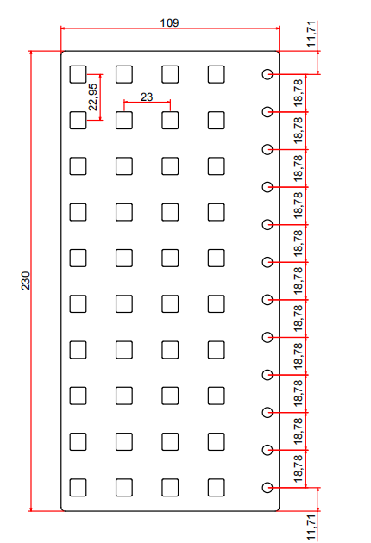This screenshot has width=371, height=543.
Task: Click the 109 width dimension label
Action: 169,23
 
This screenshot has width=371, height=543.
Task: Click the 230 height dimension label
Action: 26,281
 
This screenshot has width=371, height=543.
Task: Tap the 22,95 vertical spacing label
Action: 93,97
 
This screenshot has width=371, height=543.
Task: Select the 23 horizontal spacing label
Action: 147,97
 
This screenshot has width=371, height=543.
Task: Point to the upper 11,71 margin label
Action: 311,34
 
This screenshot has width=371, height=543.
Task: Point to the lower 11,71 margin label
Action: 311,527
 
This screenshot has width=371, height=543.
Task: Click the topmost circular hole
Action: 267,74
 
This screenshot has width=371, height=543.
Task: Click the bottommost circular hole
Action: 267,488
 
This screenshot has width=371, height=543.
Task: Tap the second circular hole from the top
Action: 267,112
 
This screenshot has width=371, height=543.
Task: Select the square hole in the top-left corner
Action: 78,74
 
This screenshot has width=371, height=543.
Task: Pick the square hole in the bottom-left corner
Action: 78,488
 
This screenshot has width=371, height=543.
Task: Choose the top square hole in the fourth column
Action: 217,74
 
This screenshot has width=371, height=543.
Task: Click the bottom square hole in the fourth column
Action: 217,488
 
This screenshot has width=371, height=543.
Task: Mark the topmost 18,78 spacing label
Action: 299,92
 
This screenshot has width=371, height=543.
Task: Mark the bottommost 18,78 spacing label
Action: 299,469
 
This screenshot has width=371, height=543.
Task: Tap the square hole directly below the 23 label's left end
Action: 124,120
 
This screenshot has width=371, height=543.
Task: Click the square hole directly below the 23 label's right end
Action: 170,120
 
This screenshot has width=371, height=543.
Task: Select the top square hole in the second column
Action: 124,74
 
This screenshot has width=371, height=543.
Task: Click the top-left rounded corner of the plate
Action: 62,53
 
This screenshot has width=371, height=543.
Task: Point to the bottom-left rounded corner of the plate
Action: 62,509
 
